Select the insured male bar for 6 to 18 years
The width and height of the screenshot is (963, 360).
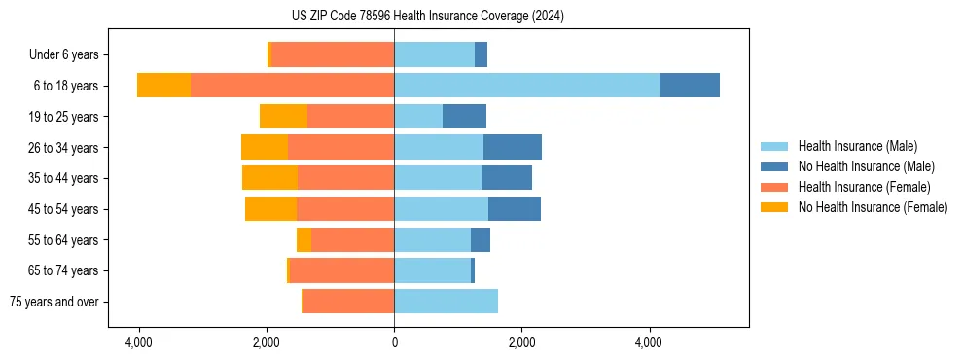tap(526, 86)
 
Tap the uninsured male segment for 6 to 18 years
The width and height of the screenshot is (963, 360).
tap(690, 86)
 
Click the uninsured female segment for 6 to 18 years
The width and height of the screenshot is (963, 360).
tap(163, 86)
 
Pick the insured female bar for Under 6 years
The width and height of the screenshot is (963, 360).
tap(333, 54)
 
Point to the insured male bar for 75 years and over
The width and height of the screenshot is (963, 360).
tap(446, 302)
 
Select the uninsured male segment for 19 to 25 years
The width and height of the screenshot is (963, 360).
tap(464, 117)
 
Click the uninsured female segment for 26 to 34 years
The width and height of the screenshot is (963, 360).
tap(265, 147)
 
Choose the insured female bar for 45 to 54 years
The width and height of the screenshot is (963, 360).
tap(345, 209)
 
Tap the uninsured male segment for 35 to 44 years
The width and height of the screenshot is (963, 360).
tap(507, 178)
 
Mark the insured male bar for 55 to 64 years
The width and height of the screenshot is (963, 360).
tap(432, 239)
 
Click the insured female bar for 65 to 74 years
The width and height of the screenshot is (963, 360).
tap(341, 270)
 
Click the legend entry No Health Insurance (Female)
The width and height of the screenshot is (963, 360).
tap(873, 207)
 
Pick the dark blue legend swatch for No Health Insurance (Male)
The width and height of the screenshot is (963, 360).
tap(774, 166)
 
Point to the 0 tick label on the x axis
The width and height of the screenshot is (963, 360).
tap(394, 342)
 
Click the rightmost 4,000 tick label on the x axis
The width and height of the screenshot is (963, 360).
tap(649, 342)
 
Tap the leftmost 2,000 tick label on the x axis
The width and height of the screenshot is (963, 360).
tap(267, 342)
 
